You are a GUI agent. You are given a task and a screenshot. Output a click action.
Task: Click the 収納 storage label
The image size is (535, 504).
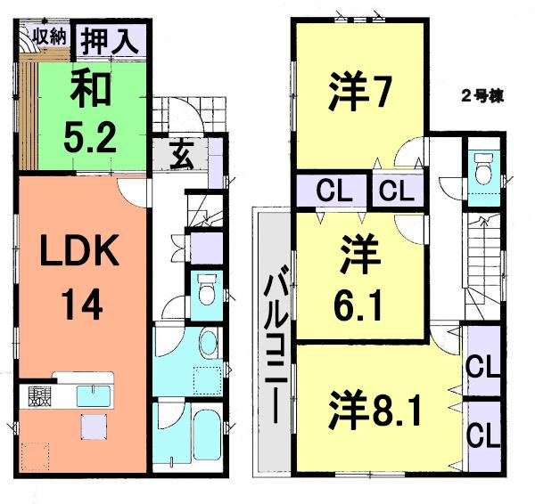51,37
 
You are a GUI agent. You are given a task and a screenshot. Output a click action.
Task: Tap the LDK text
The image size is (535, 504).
80,254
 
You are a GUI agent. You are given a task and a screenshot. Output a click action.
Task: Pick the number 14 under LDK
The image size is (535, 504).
80,305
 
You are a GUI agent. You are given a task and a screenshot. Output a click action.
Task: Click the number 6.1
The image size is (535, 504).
359,307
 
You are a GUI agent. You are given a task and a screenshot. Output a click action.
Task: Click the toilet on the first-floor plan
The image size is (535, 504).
205,290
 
